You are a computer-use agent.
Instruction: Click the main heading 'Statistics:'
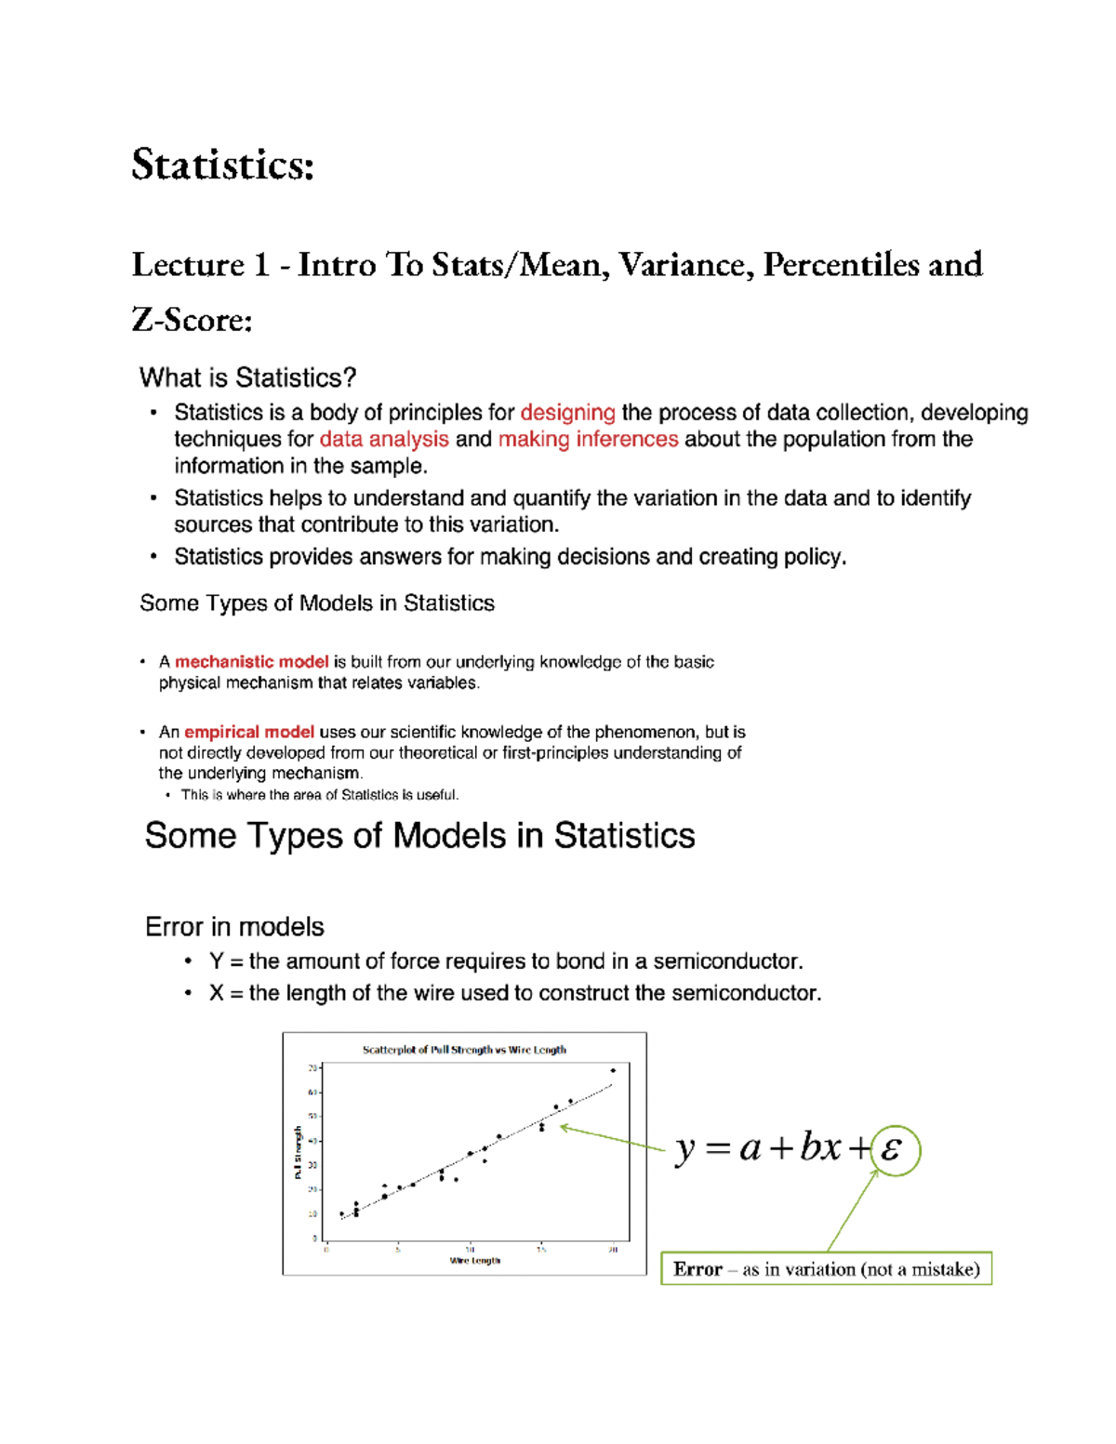(222, 165)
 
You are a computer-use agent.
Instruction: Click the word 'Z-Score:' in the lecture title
(192, 320)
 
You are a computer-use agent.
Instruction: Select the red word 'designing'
(567, 413)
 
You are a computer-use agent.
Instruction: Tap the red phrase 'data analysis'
(383, 439)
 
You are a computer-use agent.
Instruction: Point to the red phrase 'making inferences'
(588, 439)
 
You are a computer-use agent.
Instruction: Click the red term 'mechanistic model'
(251, 662)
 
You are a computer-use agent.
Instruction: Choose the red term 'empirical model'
(248, 732)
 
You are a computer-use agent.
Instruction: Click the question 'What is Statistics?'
(247, 378)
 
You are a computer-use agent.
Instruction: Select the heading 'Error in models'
(234, 927)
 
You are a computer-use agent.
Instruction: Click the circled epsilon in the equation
(894, 1150)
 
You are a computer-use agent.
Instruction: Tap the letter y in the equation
(684, 1149)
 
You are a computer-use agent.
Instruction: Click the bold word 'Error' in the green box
(697, 1269)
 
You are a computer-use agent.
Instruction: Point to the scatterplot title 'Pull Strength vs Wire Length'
(464, 1050)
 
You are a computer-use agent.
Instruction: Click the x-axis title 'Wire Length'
(474, 1261)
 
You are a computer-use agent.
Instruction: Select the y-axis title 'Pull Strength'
(298, 1153)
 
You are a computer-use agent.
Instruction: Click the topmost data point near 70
(613, 1070)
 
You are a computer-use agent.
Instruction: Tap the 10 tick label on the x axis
(470, 1250)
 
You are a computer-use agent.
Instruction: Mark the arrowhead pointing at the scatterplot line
(564, 1128)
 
